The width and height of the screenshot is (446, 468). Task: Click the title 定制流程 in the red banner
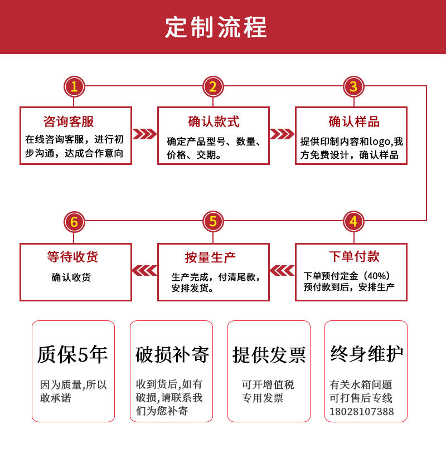216,27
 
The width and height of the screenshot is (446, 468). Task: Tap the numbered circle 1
74,86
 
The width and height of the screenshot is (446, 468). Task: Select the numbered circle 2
213,86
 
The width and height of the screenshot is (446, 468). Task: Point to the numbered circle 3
353,86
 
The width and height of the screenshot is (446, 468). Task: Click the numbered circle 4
353,222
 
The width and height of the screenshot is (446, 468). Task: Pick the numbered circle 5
213,222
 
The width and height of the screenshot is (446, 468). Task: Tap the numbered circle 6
74,222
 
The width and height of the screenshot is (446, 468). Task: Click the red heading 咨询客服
69,121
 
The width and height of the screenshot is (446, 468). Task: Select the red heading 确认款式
214,121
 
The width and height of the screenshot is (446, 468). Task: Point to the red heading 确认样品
354,121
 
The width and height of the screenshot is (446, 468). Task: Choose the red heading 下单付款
354,256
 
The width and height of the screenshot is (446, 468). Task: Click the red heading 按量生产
210,257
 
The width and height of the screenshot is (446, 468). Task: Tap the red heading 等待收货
72,257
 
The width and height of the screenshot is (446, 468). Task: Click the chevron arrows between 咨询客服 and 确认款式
144,134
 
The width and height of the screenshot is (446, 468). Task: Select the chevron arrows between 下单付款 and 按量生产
282,270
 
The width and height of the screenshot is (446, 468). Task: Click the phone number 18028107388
361,412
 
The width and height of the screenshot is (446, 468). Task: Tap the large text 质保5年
72,354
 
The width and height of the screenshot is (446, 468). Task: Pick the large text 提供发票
269,355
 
